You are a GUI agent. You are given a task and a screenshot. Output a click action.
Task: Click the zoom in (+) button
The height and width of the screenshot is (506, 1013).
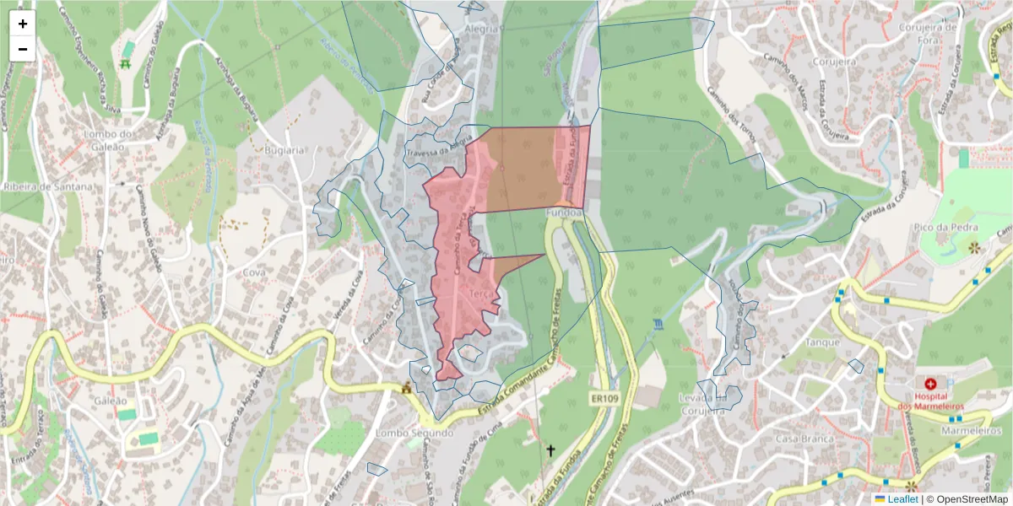[x=23, y=24]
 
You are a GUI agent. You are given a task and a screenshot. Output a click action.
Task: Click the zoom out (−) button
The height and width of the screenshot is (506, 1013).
[x=23, y=49]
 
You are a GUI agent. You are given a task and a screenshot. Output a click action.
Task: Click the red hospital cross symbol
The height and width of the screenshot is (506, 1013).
[x=930, y=384]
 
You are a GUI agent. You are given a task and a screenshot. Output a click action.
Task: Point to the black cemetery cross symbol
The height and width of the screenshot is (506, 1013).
[x=550, y=451]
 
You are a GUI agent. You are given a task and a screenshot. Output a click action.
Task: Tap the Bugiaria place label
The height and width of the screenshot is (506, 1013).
[x=283, y=150]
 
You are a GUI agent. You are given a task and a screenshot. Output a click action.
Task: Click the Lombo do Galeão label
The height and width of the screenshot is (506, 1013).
[x=110, y=140]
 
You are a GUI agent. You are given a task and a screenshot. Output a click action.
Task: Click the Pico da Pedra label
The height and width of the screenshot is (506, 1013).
[x=946, y=228]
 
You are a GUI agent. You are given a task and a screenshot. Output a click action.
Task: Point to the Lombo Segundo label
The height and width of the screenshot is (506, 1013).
[x=415, y=433]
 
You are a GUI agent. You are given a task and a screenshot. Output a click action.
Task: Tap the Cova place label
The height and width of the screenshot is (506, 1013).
[x=253, y=272]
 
